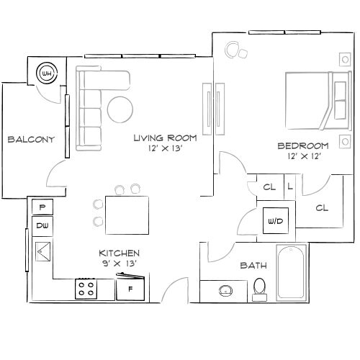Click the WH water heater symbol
click(48, 73)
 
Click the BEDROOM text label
click(303, 145)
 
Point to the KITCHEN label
click(119, 253)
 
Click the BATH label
click(253, 266)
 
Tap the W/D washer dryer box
click(275, 221)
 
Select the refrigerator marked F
click(130, 289)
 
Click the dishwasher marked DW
click(42, 226)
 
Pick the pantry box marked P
click(42, 207)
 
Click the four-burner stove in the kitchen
click(87, 289)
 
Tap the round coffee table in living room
click(120, 109)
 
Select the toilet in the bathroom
click(260, 287)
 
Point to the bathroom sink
click(225, 290)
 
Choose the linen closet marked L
click(290, 186)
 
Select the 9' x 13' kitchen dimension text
click(119, 264)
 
